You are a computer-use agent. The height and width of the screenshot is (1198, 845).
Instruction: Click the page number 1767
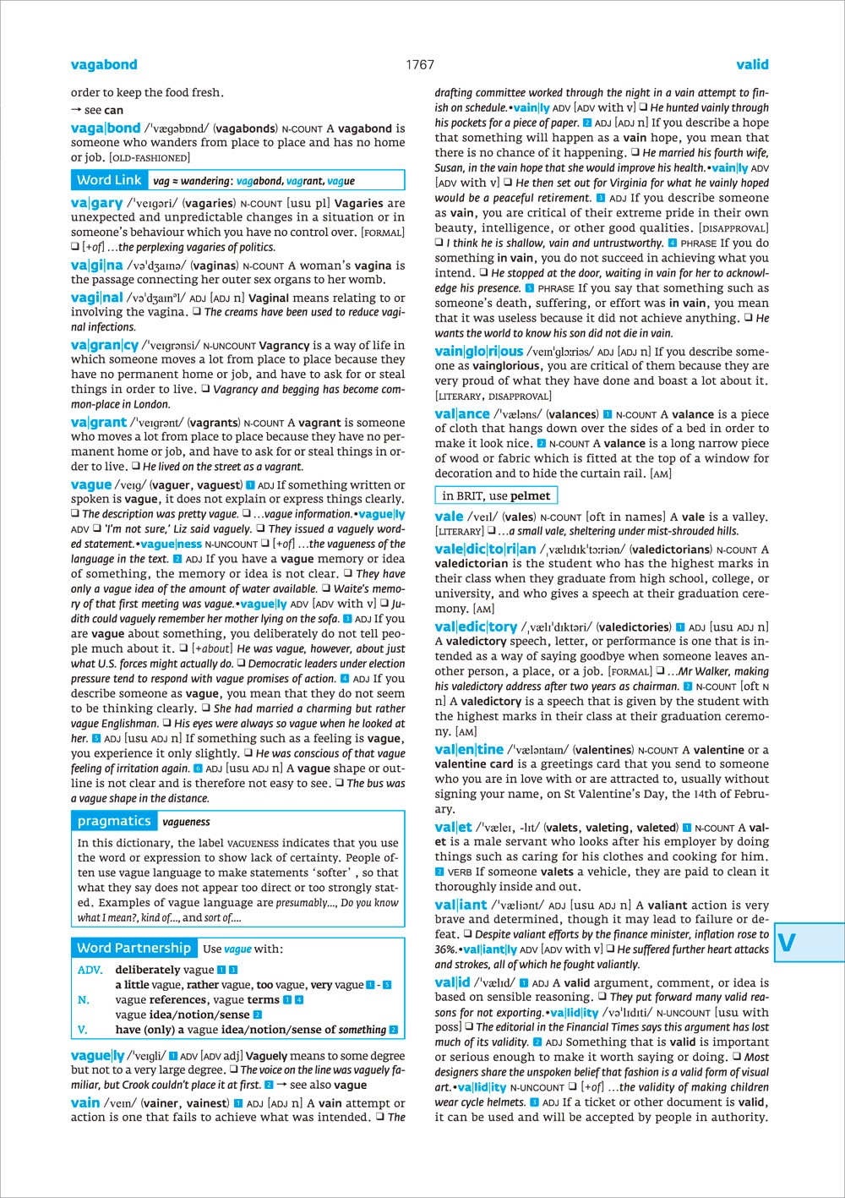coord(419,64)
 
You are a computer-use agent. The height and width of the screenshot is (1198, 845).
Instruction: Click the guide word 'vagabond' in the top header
coord(104,64)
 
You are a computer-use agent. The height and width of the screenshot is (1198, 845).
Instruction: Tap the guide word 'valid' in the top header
coord(752,64)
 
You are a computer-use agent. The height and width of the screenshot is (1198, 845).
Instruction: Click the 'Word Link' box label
coord(109,180)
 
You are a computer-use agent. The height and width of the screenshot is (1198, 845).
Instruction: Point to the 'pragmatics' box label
coord(114,821)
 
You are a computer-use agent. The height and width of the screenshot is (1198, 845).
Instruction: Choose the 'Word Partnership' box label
coord(134,948)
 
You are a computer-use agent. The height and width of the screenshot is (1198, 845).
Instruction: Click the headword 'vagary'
coord(97,203)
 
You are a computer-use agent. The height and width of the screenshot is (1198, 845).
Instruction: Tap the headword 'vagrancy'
coord(105,345)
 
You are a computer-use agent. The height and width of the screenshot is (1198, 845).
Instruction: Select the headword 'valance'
coord(462,414)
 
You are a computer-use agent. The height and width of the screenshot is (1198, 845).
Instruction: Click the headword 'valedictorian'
coord(485,550)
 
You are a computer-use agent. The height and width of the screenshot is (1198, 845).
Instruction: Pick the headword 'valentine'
coord(469,750)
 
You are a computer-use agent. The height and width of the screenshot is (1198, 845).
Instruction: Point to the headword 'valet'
coord(454,828)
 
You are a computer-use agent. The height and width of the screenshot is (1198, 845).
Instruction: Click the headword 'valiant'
coord(461,905)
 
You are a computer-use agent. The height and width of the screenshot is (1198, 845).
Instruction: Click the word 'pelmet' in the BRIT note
coord(531,495)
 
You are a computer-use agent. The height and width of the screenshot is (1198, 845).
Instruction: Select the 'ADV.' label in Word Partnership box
coord(90,970)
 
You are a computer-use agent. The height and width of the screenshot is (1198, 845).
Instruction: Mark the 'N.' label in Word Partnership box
coord(84,999)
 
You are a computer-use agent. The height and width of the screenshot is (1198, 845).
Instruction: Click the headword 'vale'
coord(449,517)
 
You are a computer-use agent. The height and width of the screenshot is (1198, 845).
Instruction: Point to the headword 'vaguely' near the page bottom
coord(98,1055)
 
